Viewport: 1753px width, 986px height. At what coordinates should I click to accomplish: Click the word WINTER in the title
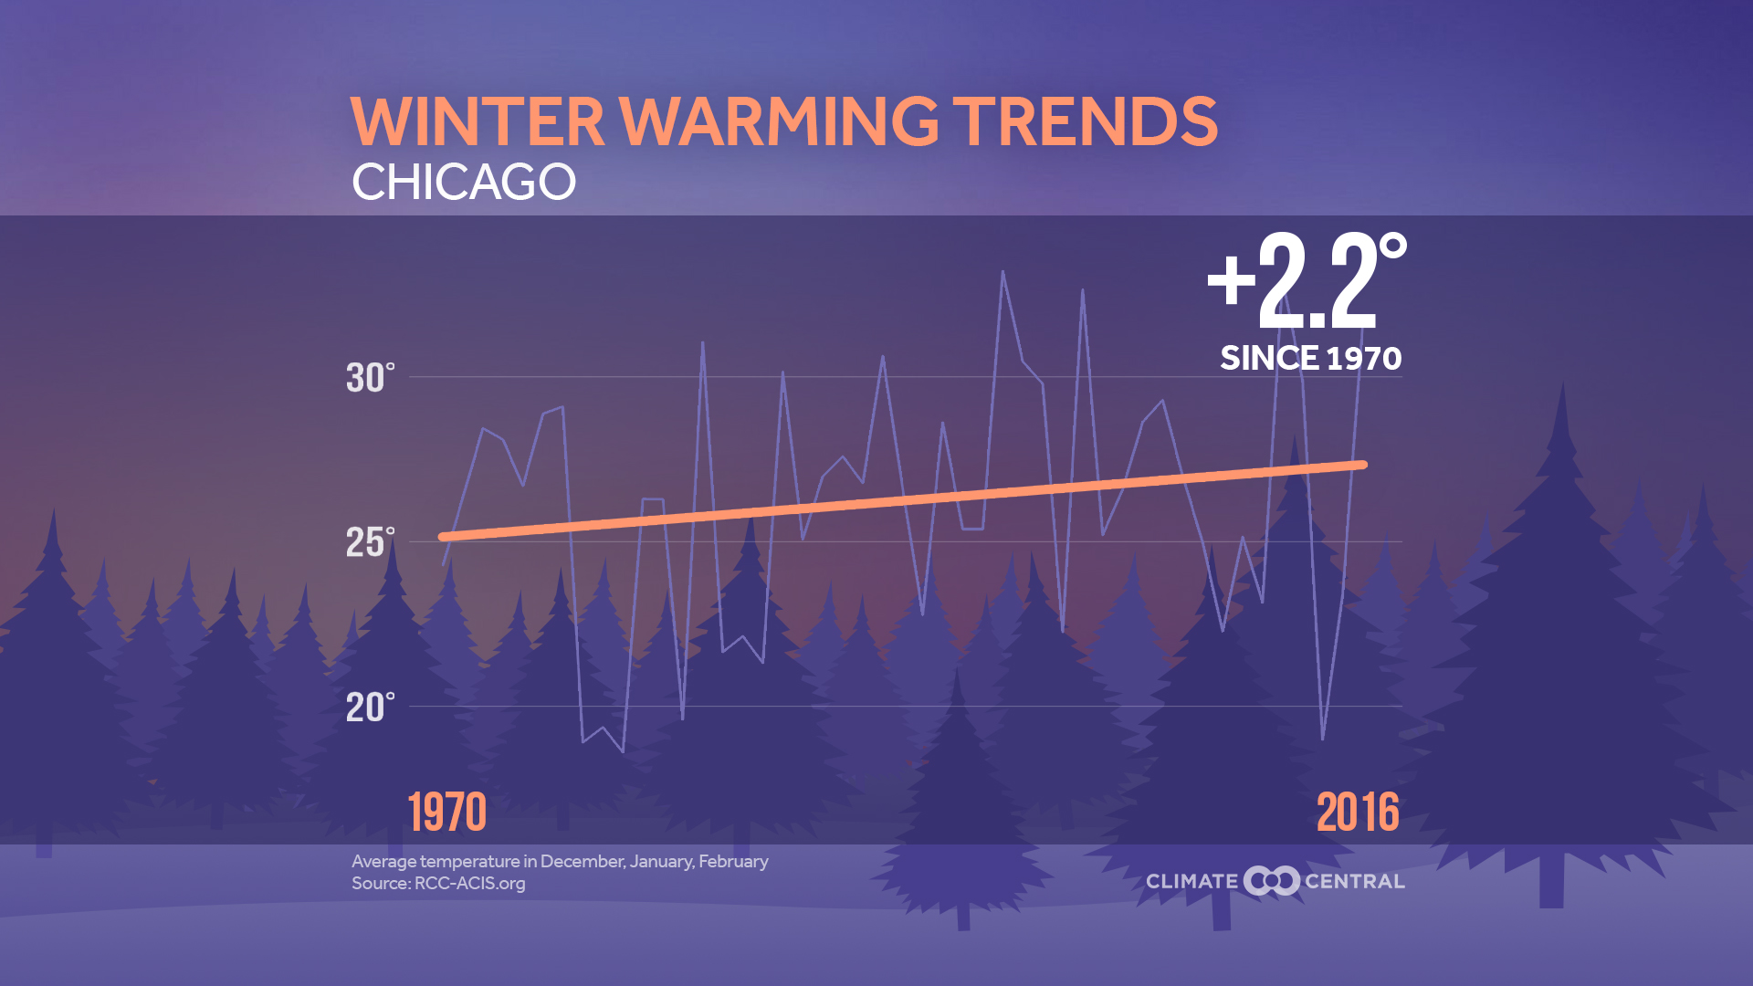[x=478, y=121]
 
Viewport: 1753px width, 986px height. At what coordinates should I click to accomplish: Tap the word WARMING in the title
[x=780, y=121]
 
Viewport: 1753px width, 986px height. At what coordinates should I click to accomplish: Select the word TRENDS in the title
[x=1086, y=121]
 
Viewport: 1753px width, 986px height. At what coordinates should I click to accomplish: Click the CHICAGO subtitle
[x=464, y=182]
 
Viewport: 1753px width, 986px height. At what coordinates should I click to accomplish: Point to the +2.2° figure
[x=1306, y=281]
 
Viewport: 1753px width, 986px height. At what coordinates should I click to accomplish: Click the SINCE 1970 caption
[x=1310, y=358]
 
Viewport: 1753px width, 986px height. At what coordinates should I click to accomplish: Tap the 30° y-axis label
[x=370, y=378]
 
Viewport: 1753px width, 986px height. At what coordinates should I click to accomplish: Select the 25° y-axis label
[x=370, y=543]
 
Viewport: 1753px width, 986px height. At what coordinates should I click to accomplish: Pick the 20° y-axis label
[x=370, y=708]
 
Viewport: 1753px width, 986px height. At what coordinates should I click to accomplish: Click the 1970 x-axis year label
[x=446, y=812]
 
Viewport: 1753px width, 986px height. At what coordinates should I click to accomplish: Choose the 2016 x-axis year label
[x=1358, y=812]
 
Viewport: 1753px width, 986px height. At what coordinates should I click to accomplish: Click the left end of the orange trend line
[x=443, y=537]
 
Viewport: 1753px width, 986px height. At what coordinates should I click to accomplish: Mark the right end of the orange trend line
[x=1364, y=465]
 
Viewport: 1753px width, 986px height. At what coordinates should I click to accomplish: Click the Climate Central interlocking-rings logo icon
[x=1272, y=881]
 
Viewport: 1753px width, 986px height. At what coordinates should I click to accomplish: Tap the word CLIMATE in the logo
[x=1191, y=882]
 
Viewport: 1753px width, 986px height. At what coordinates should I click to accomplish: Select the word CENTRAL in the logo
[x=1355, y=882]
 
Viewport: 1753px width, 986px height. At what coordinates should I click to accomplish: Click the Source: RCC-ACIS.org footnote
[x=438, y=884]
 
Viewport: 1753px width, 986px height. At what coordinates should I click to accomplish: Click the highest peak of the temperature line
[x=1002, y=272]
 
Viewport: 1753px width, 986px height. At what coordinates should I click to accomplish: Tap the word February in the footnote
[x=733, y=861]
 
